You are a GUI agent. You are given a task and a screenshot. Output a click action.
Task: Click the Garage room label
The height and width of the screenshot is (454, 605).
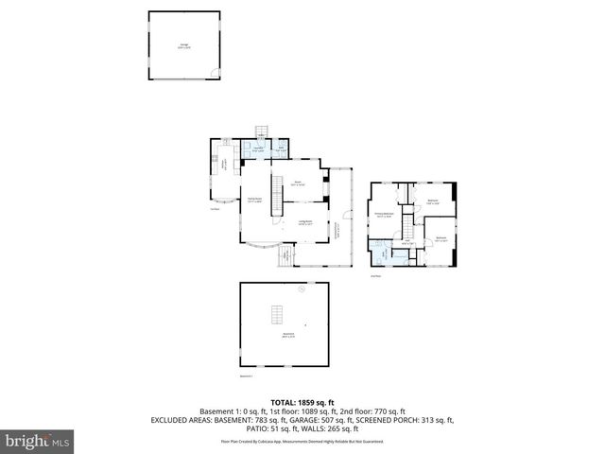183,44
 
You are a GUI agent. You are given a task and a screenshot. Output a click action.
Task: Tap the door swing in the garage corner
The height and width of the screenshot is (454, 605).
216,74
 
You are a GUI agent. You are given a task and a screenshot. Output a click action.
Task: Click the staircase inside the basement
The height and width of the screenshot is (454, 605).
278,314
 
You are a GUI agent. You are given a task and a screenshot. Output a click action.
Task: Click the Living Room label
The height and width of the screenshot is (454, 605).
305,222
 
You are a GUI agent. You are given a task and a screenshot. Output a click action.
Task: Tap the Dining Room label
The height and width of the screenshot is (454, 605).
254,200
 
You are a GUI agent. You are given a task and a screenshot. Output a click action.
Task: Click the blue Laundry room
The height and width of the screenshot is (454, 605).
258,149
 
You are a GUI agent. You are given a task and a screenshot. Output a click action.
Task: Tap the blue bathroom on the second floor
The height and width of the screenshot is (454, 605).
381,253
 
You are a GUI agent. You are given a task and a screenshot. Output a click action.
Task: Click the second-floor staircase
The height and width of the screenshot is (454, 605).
407,226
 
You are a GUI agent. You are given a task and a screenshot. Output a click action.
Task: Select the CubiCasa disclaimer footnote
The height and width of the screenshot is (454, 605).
302,441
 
